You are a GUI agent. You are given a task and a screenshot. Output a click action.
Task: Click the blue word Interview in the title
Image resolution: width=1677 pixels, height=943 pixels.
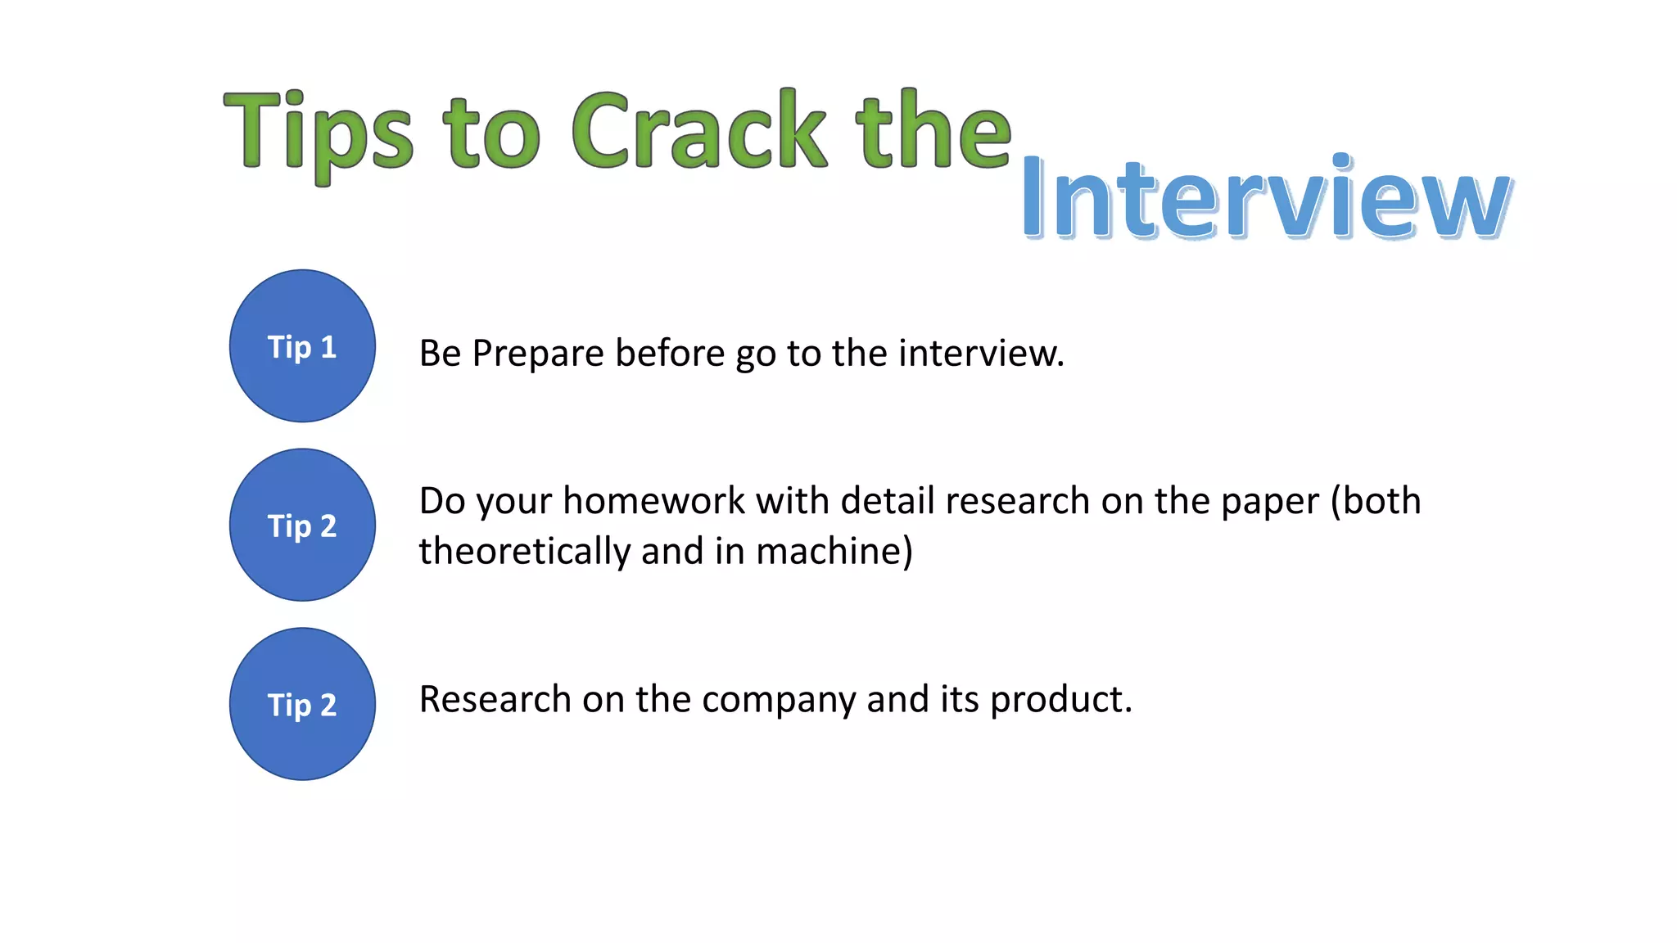pyautogui.click(x=1266, y=199)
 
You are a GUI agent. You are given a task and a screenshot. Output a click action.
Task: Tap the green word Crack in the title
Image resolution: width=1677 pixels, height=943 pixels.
pyautogui.click(x=698, y=131)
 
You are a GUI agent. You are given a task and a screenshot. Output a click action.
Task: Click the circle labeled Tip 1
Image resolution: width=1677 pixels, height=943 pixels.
pyautogui.click(x=302, y=346)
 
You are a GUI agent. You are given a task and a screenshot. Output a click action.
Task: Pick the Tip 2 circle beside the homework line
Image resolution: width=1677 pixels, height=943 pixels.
pyautogui.click(x=302, y=525)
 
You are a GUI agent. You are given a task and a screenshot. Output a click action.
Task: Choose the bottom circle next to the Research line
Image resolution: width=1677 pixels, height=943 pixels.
pyautogui.click(x=302, y=704)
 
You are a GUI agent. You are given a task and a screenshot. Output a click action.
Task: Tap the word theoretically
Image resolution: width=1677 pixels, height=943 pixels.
pyautogui.click(x=524, y=551)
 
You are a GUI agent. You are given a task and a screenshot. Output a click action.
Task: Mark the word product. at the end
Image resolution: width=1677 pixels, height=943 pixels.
pyautogui.click(x=1061, y=701)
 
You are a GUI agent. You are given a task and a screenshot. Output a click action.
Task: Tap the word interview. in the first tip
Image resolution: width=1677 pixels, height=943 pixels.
pyautogui.click(x=981, y=354)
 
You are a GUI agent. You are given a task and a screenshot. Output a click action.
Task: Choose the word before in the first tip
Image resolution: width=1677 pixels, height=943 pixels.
pyautogui.click(x=670, y=354)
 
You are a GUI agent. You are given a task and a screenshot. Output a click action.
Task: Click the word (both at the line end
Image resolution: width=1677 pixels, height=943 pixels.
pyautogui.click(x=1376, y=501)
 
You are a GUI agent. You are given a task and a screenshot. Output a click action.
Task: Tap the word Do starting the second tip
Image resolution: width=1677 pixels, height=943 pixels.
pyautogui.click(x=442, y=501)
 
